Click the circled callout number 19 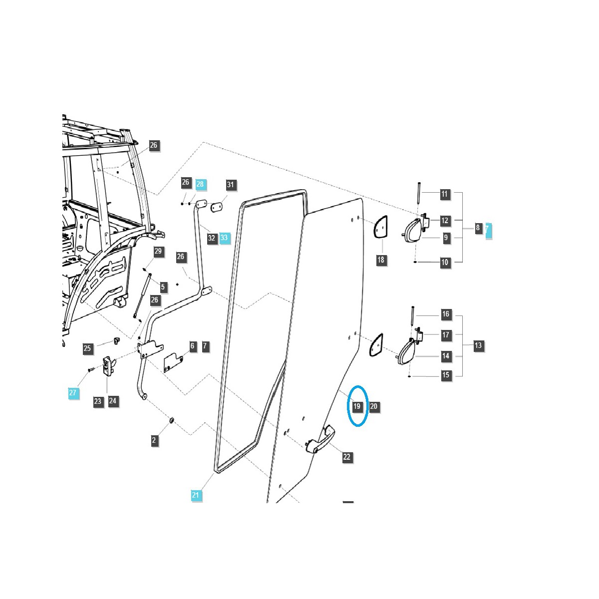point(357,406)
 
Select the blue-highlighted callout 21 point(196,495)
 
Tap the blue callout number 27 point(73,393)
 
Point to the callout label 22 point(347,457)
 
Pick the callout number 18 point(381,260)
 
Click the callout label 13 point(478,345)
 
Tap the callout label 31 point(230,185)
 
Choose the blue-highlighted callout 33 point(224,238)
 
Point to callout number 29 point(158,251)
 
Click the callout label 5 point(163,287)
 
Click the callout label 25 point(87,348)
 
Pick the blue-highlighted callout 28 point(200,184)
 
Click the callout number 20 point(374,406)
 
